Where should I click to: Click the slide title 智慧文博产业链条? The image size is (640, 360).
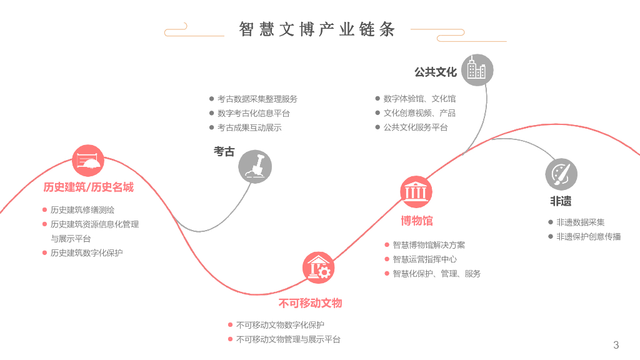point(317,29)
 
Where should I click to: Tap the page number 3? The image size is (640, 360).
point(616,345)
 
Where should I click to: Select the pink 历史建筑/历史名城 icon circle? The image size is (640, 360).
point(88,161)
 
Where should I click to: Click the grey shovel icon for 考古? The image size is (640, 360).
point(255,166)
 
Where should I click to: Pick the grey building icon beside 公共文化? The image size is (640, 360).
point(477,70)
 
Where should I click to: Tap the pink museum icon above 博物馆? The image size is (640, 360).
point(416,191)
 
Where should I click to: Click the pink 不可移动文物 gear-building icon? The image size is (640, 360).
point(318,268)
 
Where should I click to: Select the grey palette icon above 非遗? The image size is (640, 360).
point(561,174)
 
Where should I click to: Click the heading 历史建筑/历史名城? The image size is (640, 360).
point(88,187)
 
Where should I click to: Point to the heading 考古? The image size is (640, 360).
point(224,152)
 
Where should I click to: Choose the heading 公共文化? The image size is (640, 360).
point(436,72)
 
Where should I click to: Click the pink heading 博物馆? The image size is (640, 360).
point(416,221)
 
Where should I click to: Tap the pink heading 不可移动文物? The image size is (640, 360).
point(311,304)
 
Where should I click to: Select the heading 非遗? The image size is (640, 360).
point(561,202)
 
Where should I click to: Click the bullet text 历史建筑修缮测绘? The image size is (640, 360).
point(82,210)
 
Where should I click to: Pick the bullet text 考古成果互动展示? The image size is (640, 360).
point(249,127)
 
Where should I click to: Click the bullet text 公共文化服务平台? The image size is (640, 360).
point(416,127)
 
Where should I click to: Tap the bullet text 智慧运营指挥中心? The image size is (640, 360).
point(424,259)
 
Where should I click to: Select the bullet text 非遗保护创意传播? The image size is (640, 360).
point(589,237)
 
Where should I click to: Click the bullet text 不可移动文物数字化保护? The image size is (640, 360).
point(280,325)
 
